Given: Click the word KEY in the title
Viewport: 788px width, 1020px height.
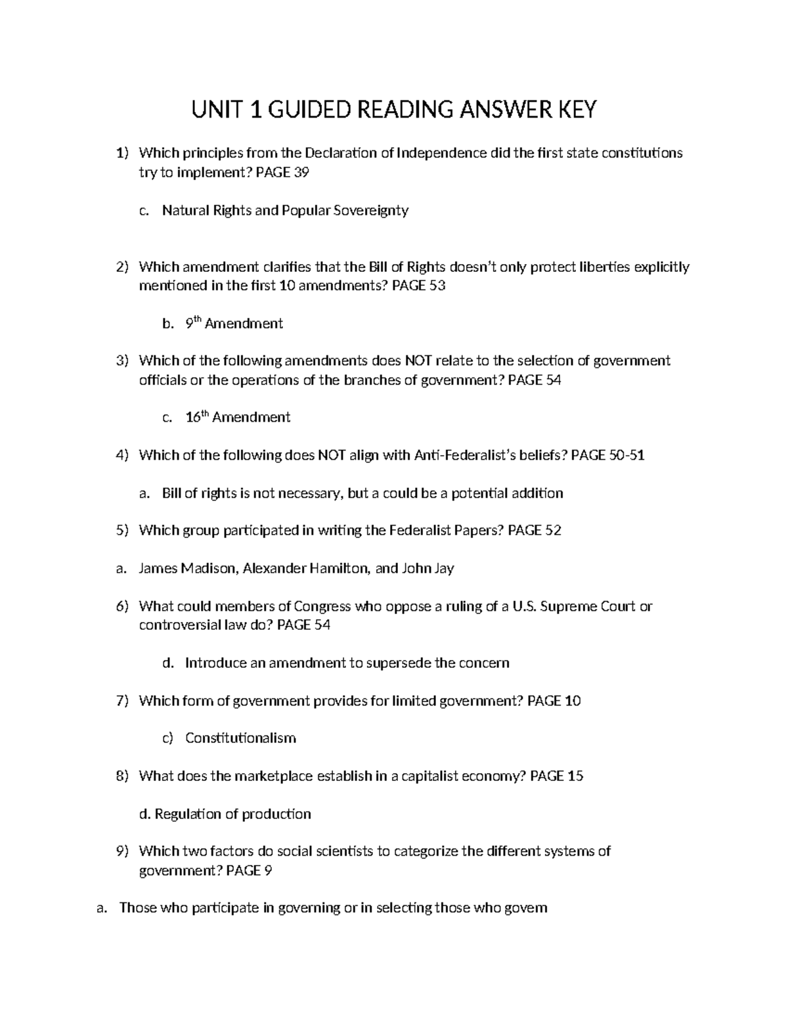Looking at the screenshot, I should click(x=577, y=110).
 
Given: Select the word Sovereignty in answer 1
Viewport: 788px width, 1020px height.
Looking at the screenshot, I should click(x=370, y=211).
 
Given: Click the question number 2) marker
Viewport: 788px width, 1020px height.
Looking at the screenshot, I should click(x=122, y=267).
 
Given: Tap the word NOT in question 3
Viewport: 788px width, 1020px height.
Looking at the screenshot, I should click(x=418, y=361).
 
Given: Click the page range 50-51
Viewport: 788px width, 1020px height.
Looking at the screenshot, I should click(x=626, y=455).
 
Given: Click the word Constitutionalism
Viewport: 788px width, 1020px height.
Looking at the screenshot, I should click(x=240, y=738).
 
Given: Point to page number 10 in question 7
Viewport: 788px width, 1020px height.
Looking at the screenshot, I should click(x=572, y=701).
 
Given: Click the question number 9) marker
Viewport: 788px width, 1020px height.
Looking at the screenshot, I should click(x=122, y=852).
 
